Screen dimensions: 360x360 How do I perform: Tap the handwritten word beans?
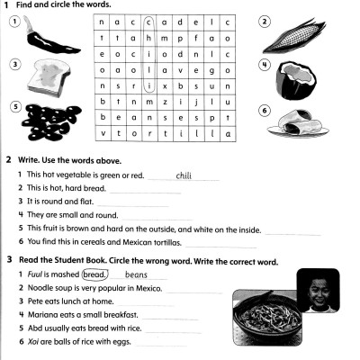pyautogui.click(x=135, y=274)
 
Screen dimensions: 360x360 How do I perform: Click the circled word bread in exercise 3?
pyautogui.click(x=94, y=274)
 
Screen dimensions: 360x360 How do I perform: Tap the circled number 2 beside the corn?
pyautogui.click(x=265, y=21)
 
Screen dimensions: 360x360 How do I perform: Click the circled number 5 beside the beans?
pyautogui.click(x=14, y=106)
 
